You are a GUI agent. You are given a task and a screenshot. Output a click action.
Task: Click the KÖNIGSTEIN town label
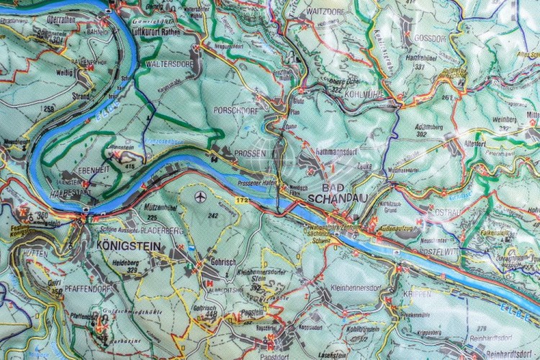pyautogui.click(x=128, y=246)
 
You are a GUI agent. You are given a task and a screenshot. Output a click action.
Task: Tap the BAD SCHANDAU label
pyautogui.click(x=332, y=192)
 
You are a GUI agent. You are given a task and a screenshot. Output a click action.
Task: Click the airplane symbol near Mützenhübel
pyautogui.click(x=200, y=196)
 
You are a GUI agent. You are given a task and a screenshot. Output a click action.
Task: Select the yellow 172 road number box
pyautogui.click(x=243, y=199)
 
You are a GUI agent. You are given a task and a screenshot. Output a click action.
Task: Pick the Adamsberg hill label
pyautogui.click(x=411, y=124)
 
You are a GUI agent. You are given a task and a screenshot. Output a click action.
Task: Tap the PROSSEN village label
pyautogui.click(x=250, y=153)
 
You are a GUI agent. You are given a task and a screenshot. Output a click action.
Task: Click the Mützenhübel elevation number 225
pyautogui.click(x=152, y=216)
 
